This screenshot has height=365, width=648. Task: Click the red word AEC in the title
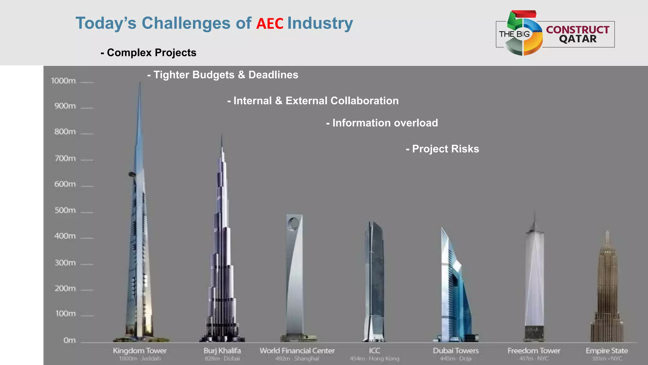point(270,24)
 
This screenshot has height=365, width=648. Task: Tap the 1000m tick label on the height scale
point(63,81)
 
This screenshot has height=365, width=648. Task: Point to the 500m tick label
point(65,211)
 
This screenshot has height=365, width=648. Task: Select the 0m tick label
point(69,341)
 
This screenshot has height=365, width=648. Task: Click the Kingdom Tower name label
point(140,351)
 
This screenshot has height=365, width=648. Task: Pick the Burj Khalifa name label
point(222,351)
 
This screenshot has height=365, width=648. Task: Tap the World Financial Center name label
point(297,351)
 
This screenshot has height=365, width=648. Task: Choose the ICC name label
point(374,351)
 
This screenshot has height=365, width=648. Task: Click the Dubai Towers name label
point(456,351)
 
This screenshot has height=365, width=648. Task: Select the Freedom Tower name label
point(534,351)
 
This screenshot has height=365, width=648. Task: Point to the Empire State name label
point(607,351)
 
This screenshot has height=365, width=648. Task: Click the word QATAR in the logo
point(577,39)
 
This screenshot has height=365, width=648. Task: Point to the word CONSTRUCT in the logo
point(577,29)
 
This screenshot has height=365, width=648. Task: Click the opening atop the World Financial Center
point(293,224)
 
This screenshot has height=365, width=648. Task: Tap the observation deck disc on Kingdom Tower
point(132,174)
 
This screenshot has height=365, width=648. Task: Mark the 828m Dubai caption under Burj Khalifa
point(222,359)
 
